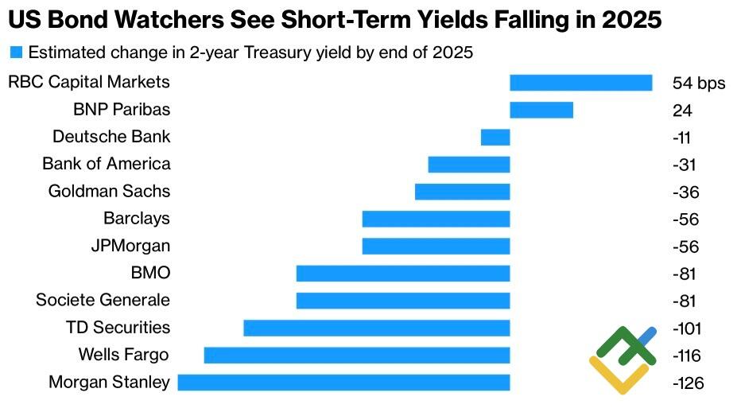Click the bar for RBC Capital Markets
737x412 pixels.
pos(580,83)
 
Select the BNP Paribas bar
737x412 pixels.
pos(541,110)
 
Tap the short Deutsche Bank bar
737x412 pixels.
pos(495,137)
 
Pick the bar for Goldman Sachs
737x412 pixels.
pos(462,192)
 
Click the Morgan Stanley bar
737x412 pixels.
pos(343,383)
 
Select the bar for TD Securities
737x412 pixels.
pos(376,328)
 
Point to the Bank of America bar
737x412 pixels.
pos(468,165)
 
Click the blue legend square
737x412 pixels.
pos(16,53)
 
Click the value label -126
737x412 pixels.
pos(689,383)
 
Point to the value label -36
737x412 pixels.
pos(685,192)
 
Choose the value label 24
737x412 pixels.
pos(682,111)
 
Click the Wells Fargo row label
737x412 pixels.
pos(123,355)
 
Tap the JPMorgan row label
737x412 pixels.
pos(130,246)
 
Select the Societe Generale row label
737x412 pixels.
pos(103,300)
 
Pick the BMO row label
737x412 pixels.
pos(150,273)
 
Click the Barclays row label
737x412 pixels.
pos(136,219)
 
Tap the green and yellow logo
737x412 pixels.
pos(623,358)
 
